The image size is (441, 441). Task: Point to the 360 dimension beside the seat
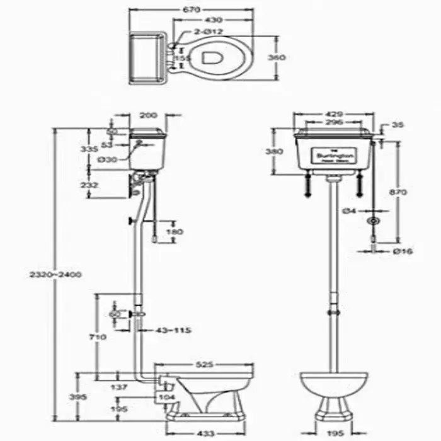[277, 57]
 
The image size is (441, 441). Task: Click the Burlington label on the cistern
[335, 155]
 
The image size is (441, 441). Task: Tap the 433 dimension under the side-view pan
[207, 433]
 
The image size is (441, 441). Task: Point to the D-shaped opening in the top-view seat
[210, 57]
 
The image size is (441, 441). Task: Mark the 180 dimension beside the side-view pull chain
[173, 231]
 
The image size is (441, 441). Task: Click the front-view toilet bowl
[334, 382]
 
